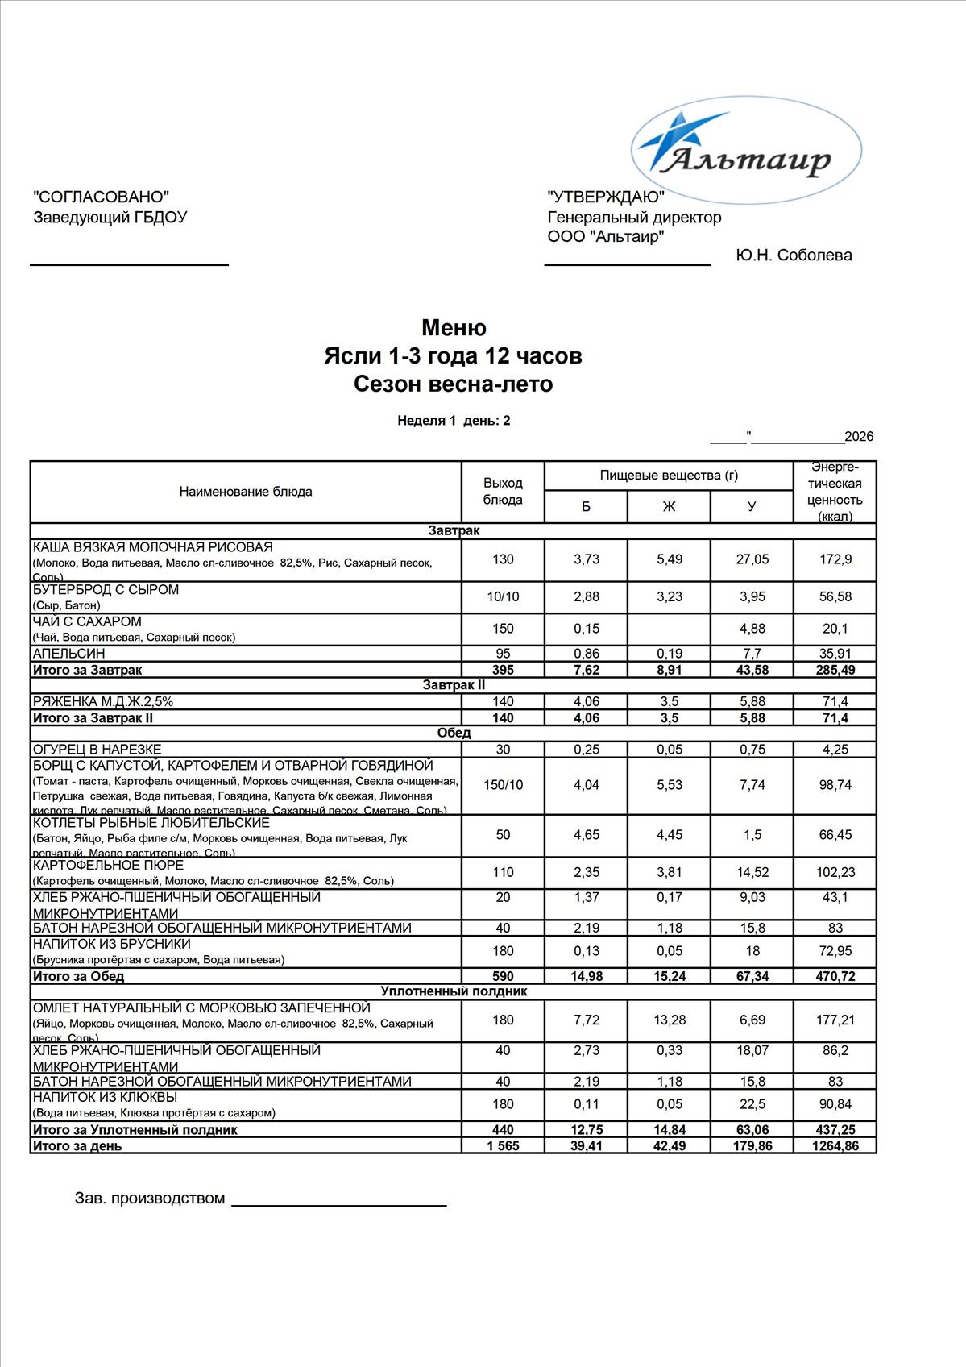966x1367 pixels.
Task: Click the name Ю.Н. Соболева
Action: (794, 256)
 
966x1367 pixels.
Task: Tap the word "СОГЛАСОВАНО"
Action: (102, 197)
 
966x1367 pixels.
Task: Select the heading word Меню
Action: (454, 328)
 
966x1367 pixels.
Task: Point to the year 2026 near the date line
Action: (859, 437)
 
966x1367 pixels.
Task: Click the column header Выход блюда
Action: (503, 491)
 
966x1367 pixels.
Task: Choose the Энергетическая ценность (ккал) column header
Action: (835, 492)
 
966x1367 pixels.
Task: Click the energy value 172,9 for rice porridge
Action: (835, 559)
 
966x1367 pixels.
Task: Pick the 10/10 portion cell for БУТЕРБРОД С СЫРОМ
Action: (503, 597)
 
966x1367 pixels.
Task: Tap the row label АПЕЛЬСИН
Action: (69, 654)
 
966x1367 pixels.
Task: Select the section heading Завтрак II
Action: (454, 685)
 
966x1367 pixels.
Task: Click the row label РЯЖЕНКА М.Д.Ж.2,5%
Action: (103, 701)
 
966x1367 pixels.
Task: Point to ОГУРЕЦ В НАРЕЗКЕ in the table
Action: (97, 750)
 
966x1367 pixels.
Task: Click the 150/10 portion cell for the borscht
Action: (503, 785)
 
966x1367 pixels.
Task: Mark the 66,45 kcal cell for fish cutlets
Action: (835, 835)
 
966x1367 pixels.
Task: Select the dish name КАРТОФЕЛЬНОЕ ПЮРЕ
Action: (108, 866)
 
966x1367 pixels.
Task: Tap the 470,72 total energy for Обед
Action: (835, 976)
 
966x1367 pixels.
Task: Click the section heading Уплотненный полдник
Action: (454, 991)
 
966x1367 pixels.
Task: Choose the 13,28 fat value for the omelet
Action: (670, 1020)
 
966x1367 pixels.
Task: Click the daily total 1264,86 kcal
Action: (835, 1146)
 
